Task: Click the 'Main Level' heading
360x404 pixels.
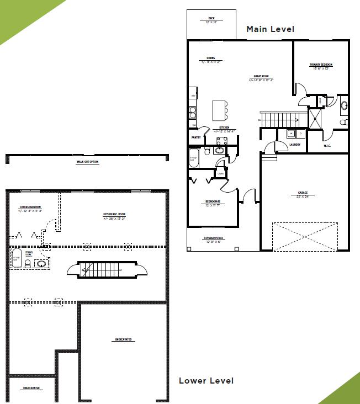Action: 270,29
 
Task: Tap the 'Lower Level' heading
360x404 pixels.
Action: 206,381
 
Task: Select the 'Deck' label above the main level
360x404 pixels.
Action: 211,19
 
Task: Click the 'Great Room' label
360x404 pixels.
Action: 261,77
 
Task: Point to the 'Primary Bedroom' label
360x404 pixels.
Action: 321,65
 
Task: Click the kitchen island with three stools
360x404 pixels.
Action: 220,109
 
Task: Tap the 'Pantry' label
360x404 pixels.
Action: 195,137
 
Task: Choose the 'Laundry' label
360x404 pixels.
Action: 294,145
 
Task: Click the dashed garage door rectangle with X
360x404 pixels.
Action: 304,236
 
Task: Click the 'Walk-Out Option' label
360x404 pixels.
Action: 87,162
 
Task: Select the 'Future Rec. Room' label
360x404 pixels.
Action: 114,215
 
